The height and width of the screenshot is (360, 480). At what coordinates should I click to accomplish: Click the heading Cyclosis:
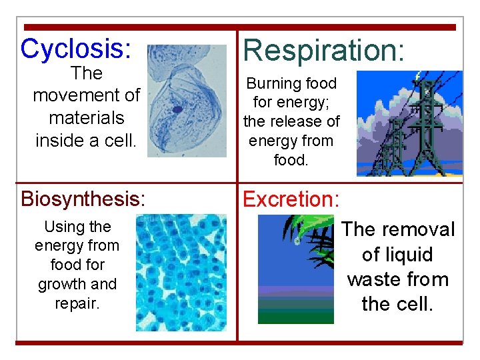pyautogui.click(x=75, y=49)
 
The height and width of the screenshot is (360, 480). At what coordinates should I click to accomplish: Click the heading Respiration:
pyautogui.click(x=323, y=51)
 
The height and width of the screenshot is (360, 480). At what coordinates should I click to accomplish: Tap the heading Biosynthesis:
pyautogui.click(x=83, y=199)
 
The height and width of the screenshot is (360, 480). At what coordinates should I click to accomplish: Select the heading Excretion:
pyautogui.click(x=291, y=199)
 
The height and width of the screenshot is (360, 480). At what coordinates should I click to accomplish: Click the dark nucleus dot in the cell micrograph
pyautogui.click(x=177, y=109)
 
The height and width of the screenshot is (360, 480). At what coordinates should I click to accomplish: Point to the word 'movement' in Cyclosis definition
pyautogui.click(x=86, y=95)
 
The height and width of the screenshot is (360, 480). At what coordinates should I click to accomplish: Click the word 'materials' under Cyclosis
pyautogui.click(x=87, y=118)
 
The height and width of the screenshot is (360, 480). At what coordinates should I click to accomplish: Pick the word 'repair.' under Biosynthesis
pyautogui.click(x=77, y=303)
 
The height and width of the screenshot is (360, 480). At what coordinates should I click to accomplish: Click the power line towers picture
pyautogui.click(x=409, y=123)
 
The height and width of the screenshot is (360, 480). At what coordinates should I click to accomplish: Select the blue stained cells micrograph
pyautogui.click(x=181, y=273)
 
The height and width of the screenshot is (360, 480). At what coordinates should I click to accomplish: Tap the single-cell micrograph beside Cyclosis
pyautogui.click(x=187, y=101)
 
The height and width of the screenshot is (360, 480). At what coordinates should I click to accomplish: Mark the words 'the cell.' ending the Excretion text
pyautogui.click(x=397, y=305)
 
